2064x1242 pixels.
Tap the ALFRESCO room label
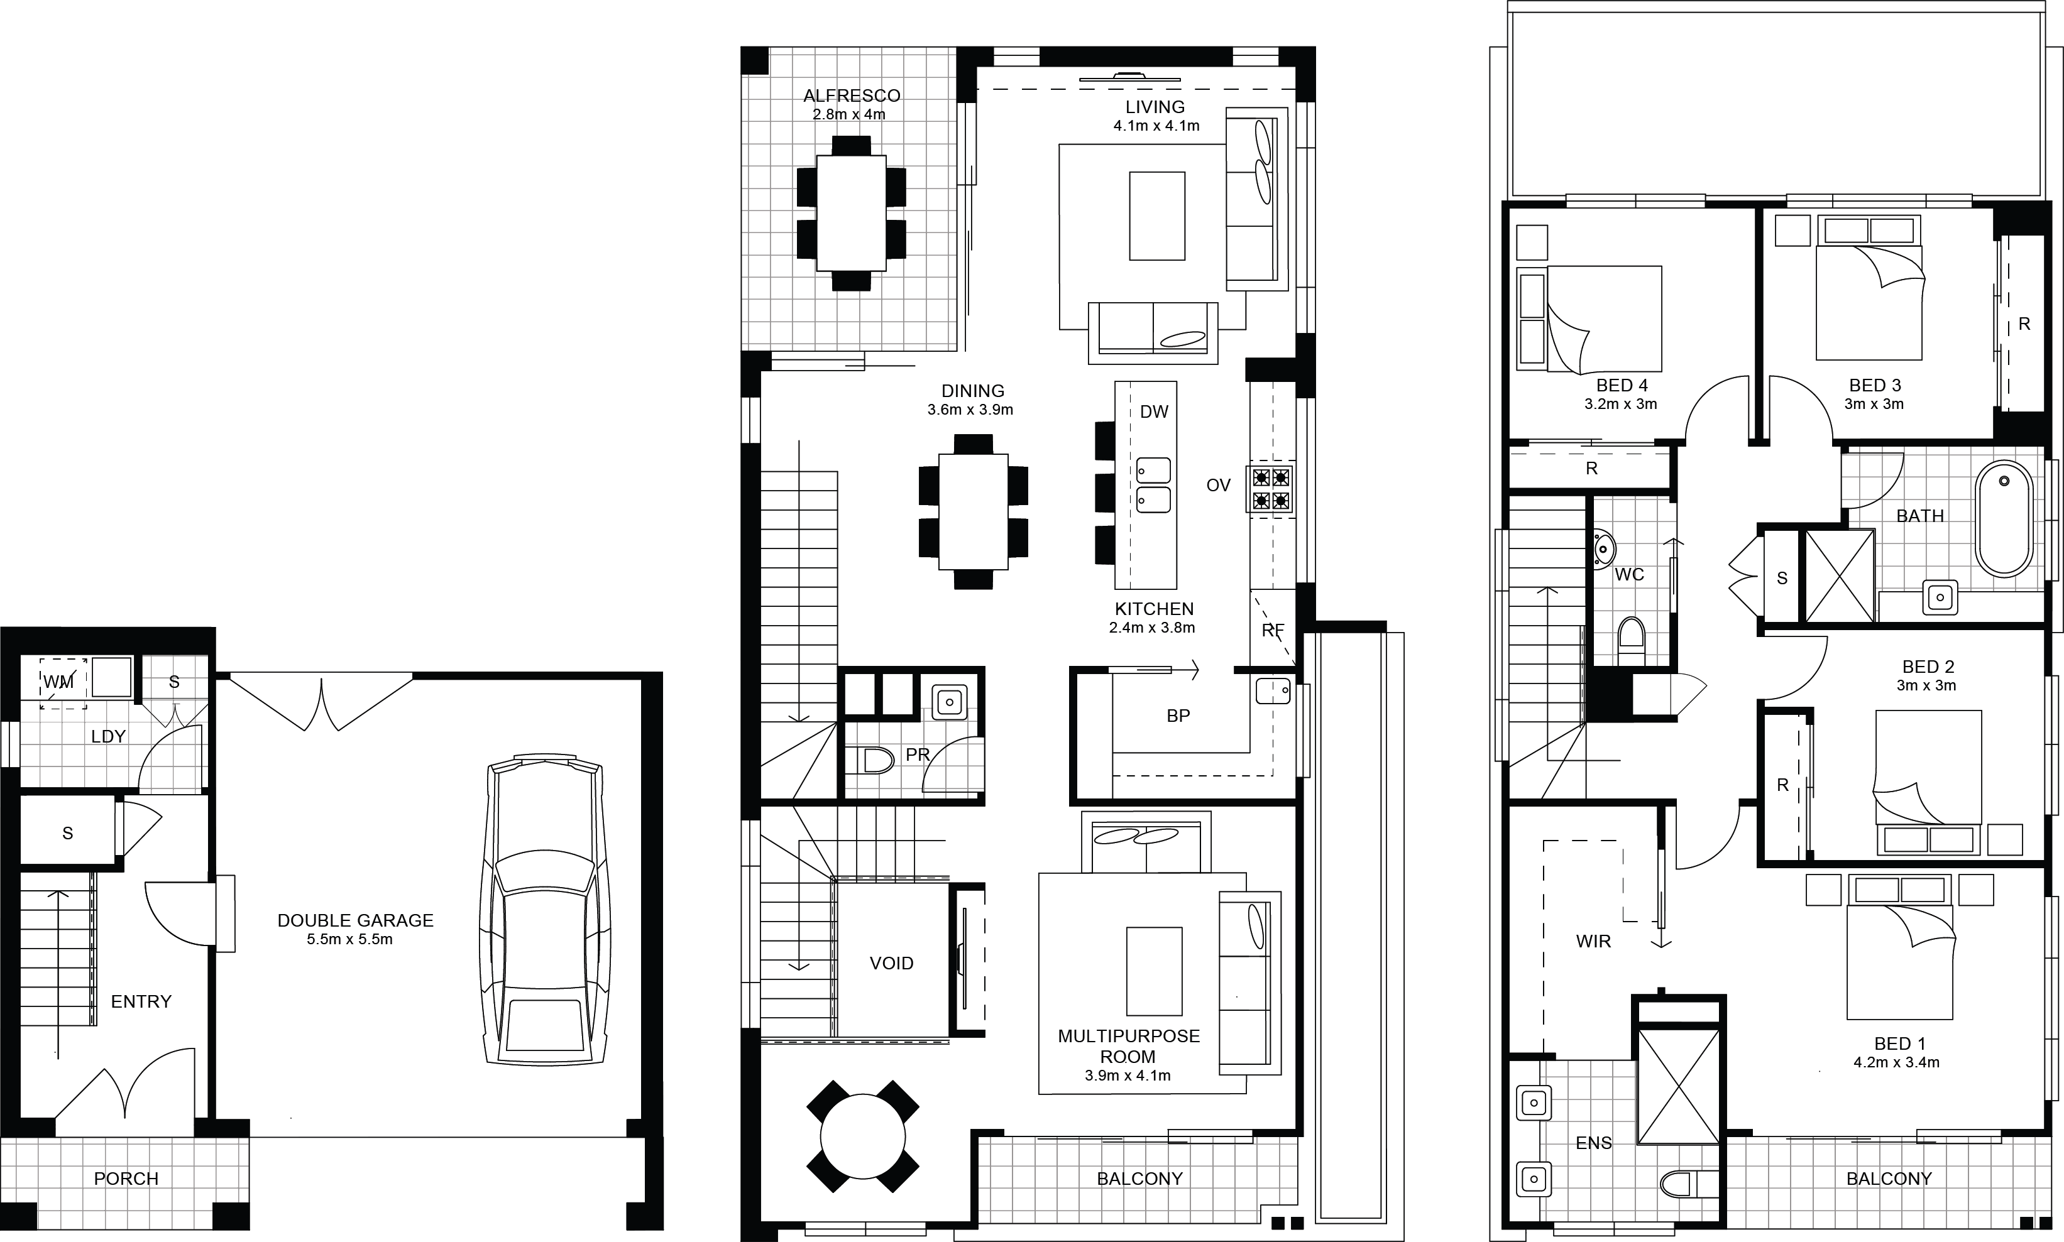click(852, 96)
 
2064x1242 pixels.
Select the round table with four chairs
click(862, 1136)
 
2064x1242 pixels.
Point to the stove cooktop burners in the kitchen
click(1271, 489)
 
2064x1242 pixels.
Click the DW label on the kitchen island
click(1154, 411)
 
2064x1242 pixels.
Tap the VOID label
click(892, 963)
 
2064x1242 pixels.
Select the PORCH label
click(126, 1179)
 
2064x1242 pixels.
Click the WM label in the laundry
click(58, 682)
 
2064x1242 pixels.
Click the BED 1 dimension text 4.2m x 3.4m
click(1897, 1063)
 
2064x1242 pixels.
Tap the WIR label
click(1593, 942)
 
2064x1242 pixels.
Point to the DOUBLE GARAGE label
click(355, 920)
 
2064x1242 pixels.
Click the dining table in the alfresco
click(852, 214)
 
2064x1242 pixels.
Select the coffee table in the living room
click(1156, 216)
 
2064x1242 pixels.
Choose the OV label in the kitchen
click(1218, 486)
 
